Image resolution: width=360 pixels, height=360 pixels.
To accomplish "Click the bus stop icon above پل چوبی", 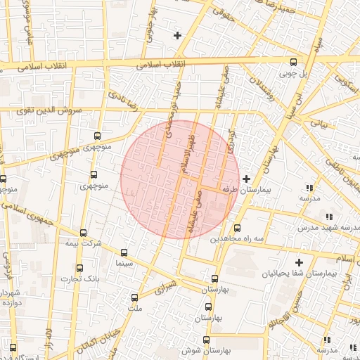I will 294,61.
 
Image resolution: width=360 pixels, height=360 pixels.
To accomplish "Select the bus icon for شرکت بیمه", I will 84,233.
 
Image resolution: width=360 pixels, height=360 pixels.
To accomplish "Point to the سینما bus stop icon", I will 124,252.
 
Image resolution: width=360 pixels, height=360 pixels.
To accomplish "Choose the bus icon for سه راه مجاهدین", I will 237,228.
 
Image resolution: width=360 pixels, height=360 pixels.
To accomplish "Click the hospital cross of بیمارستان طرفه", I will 245,179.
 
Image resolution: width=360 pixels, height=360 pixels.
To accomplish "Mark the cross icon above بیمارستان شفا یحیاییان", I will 299,262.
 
